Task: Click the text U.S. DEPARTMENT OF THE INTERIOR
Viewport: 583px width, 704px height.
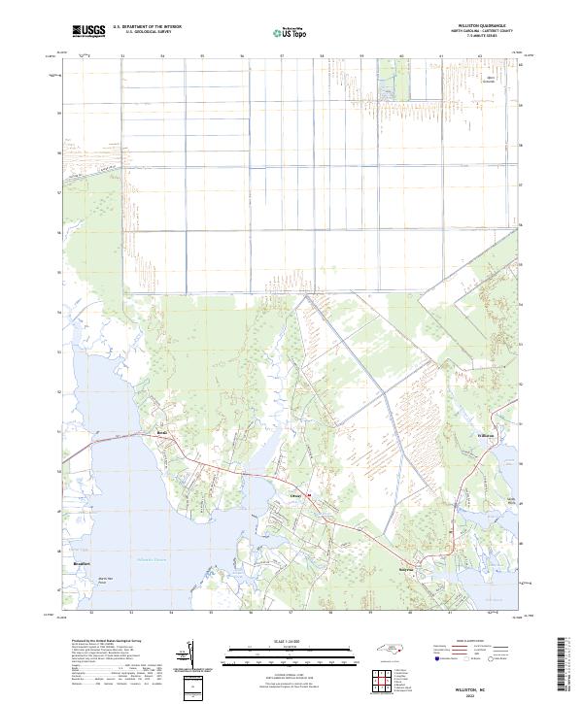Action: point(147,28)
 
